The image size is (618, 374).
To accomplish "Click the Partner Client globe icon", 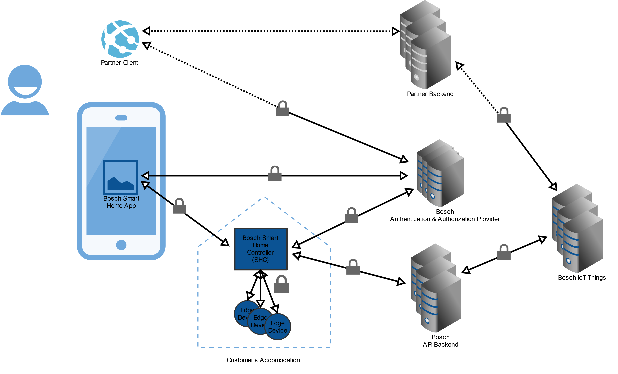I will tap(120, 39).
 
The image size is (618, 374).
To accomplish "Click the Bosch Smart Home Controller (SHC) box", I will tap(260, 249).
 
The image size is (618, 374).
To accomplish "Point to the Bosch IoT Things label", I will tap(582, 278).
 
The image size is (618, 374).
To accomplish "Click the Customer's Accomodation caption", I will tap(263, 360).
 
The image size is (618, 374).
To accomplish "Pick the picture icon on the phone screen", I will tap(120, 177).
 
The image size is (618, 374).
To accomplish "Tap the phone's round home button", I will tap(121, 245).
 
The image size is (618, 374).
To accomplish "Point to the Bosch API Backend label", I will tap(440, 341).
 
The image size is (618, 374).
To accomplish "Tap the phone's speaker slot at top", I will tap(121, 118).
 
